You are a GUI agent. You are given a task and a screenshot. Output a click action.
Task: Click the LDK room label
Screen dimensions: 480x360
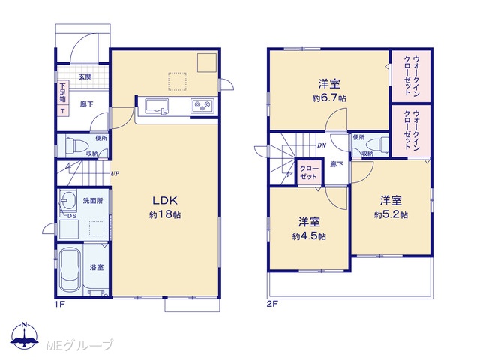coord(165,201)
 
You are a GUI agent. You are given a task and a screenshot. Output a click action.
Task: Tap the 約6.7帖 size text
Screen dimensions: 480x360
coord(329,98)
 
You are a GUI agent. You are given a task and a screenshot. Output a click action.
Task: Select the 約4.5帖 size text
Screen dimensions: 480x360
coord(309,236)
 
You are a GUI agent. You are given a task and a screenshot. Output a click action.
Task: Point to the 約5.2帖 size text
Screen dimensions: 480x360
coord(391,215)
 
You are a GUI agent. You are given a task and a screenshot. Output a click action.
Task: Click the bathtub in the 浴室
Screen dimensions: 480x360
coord(70,269)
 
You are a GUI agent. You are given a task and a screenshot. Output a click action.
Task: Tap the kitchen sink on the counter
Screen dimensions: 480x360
coord(157,106)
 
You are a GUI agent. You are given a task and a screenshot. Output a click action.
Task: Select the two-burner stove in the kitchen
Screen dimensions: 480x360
coord(202,106)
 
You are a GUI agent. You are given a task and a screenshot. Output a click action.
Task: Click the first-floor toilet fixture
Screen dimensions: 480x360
coord(73,145)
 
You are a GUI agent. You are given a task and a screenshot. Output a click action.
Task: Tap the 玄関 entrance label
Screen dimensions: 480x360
coord(85,76)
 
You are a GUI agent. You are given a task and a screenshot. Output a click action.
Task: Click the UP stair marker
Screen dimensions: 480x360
coord(115,174)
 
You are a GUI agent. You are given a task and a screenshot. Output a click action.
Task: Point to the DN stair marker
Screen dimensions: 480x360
coord(322,146)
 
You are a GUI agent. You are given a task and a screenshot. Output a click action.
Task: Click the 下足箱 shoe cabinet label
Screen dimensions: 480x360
coord(63,93)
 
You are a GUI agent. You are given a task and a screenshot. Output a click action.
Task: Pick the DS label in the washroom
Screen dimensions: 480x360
coord(72,215)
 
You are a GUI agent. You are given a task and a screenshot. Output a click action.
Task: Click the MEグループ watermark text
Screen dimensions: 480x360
coord(79,345)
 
